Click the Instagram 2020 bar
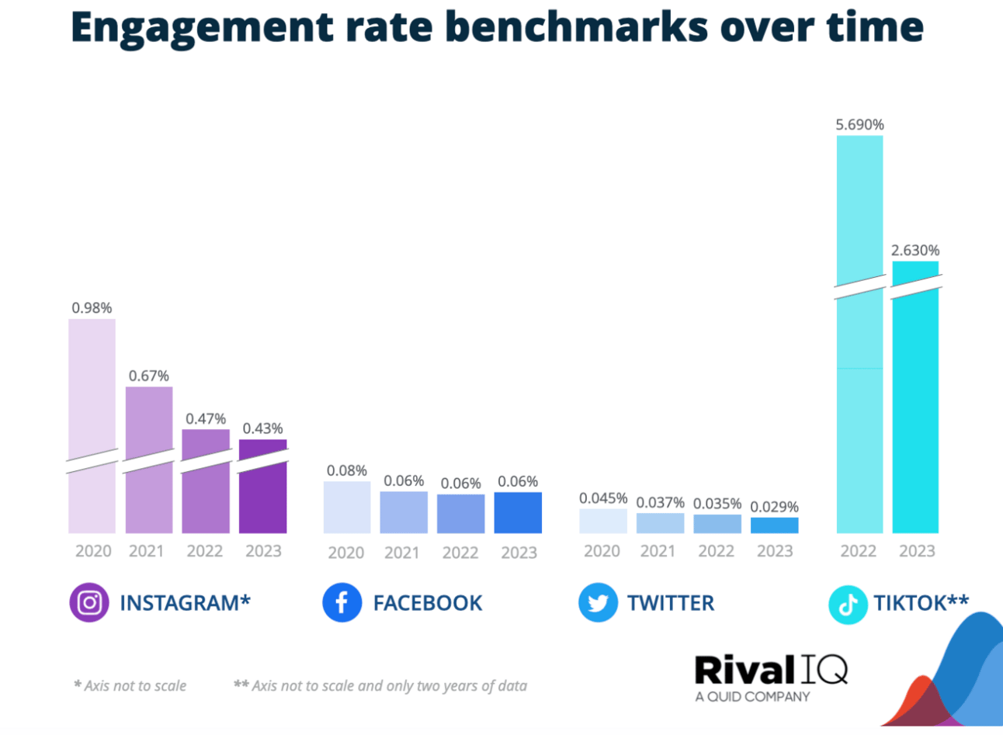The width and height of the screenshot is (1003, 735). [x=92, y=388]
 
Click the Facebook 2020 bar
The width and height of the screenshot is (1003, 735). [x=347, y=508]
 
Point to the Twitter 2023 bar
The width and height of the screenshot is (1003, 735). [x=774, y=525]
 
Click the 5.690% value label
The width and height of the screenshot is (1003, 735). [x=859, y=124]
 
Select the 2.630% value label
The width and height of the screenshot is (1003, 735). [x=915, y=250]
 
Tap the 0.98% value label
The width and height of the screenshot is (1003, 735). [x=92, y=308]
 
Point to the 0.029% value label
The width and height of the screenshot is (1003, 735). [x=774, y=507]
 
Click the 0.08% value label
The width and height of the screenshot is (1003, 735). [x=347, y=470]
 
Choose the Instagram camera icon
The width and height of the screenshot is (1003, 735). [x=89, y=603]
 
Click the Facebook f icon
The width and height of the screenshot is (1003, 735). [x=342, y=603]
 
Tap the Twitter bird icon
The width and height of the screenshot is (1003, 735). [x=598, y=603]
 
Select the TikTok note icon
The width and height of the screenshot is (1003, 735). [x=848, y=605]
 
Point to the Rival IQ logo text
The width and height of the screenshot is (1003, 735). [x=770, y=671]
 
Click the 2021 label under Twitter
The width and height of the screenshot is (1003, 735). [x=658, y=551]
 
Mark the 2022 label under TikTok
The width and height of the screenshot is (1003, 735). [x=858, y=551]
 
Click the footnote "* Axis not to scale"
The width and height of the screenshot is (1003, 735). [x=130, y=686]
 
